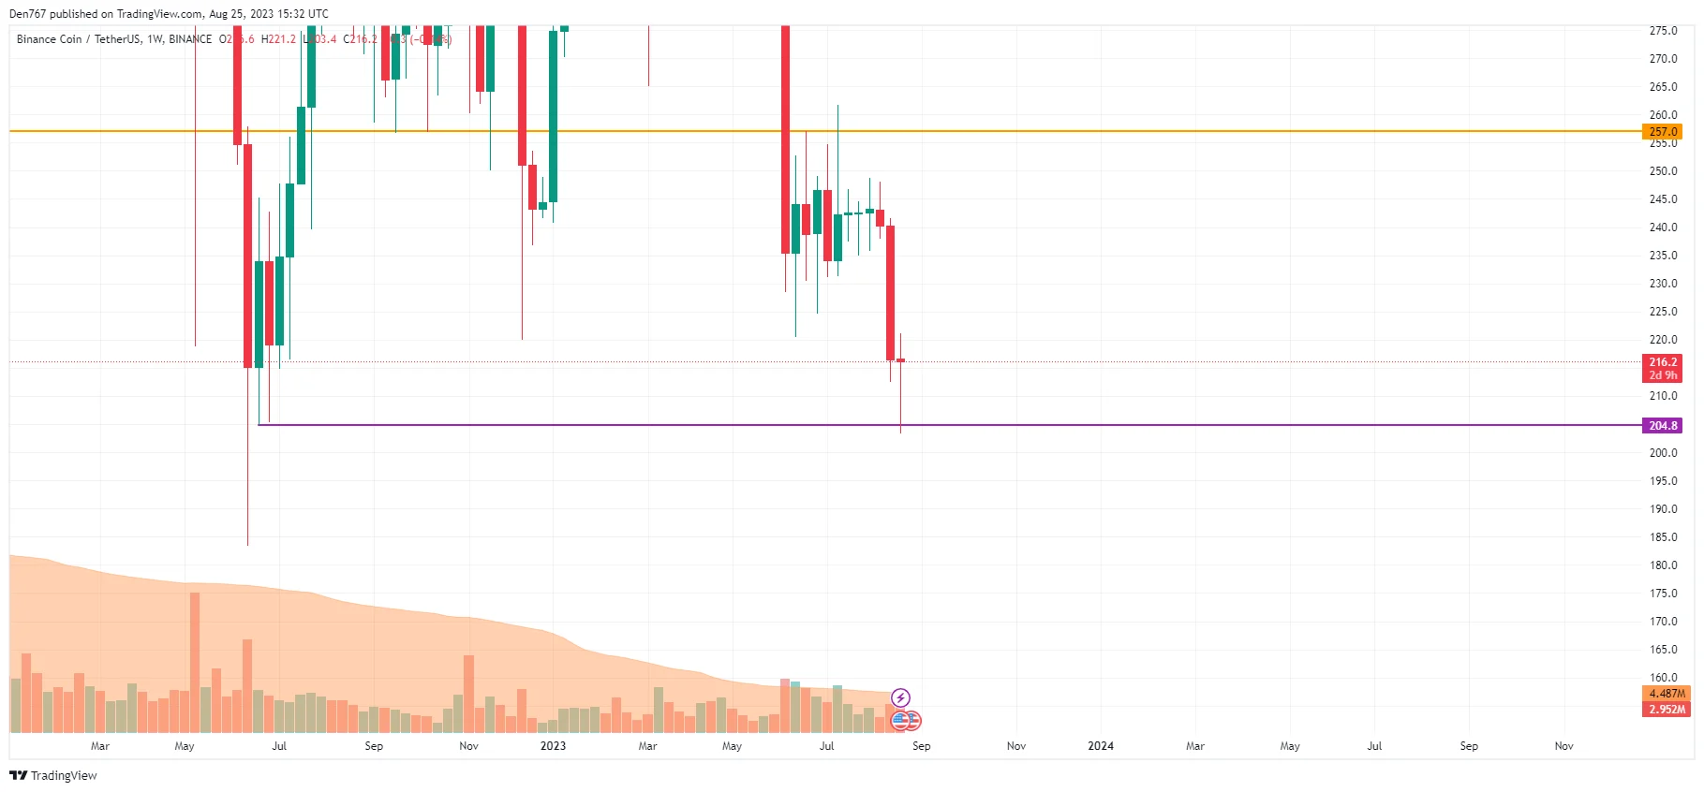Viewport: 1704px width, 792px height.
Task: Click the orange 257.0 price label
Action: point(1663,132)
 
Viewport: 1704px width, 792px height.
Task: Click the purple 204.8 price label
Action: point(1663,426)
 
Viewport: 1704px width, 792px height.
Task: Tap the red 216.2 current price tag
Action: point(1663,362)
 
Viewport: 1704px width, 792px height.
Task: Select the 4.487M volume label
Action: point(1667,694)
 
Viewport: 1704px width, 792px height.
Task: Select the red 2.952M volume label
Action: point(1667,710)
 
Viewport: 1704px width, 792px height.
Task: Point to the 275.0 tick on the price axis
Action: point(1663,31)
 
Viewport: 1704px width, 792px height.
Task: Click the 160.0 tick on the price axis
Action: point(1663,678)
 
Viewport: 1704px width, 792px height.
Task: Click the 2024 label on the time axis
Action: point(1101,746)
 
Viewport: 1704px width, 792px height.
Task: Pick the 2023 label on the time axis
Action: point(553,746)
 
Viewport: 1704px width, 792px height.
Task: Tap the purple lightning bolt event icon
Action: point(900,697)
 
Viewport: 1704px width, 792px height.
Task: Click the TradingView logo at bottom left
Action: point(53,775)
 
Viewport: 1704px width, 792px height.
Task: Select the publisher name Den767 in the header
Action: point(27,14)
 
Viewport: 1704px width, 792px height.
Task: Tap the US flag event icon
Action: point(900,721)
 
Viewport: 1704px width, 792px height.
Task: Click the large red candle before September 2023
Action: point(890,292)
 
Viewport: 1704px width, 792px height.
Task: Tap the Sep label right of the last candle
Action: point(921,746)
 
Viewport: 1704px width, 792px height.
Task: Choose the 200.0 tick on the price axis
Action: point(1663,453)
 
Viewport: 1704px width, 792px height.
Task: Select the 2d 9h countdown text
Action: point(1663,375)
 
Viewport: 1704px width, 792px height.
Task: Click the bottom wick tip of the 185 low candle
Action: point(247,544)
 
